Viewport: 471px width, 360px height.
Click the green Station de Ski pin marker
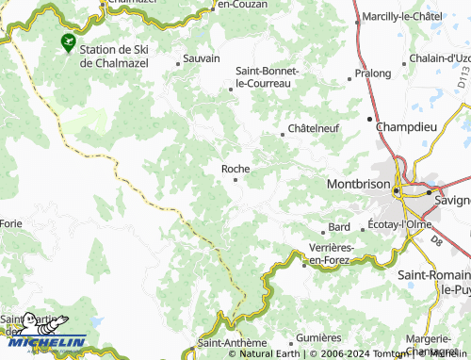[x=68, y=41]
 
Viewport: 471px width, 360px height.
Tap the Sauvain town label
[x=201, y=58]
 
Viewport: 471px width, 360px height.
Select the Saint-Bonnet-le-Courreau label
[x=267, y=77]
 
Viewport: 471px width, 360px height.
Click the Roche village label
[x=235, y=169]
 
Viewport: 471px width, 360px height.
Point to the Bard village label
[x=339, y=228]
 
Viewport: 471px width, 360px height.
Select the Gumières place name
[x=317, y=337]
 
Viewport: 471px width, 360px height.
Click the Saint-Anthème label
[x=227, y=343]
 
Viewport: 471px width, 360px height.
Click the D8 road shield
[x=436, y=242]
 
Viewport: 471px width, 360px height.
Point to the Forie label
[x=11, y=223]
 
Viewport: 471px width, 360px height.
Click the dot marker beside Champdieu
[x=368, y=119]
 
